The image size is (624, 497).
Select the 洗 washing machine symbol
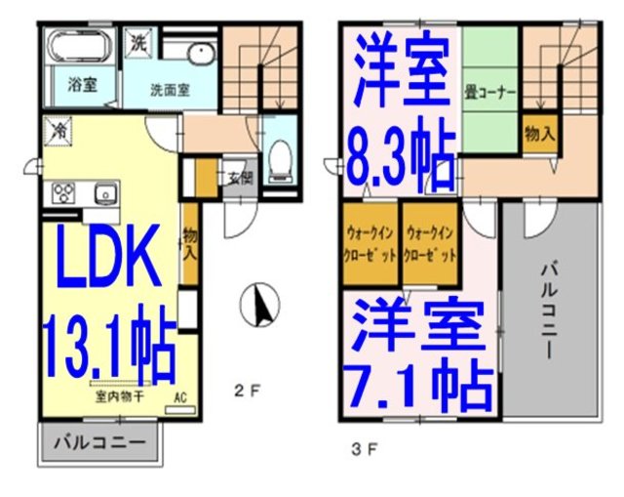click(x=137, y=44)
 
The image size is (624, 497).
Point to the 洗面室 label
click(x=169, y=90)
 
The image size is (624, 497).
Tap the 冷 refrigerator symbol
click(x=58, y=128)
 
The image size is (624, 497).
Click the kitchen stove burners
click(x=64, y=191)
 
